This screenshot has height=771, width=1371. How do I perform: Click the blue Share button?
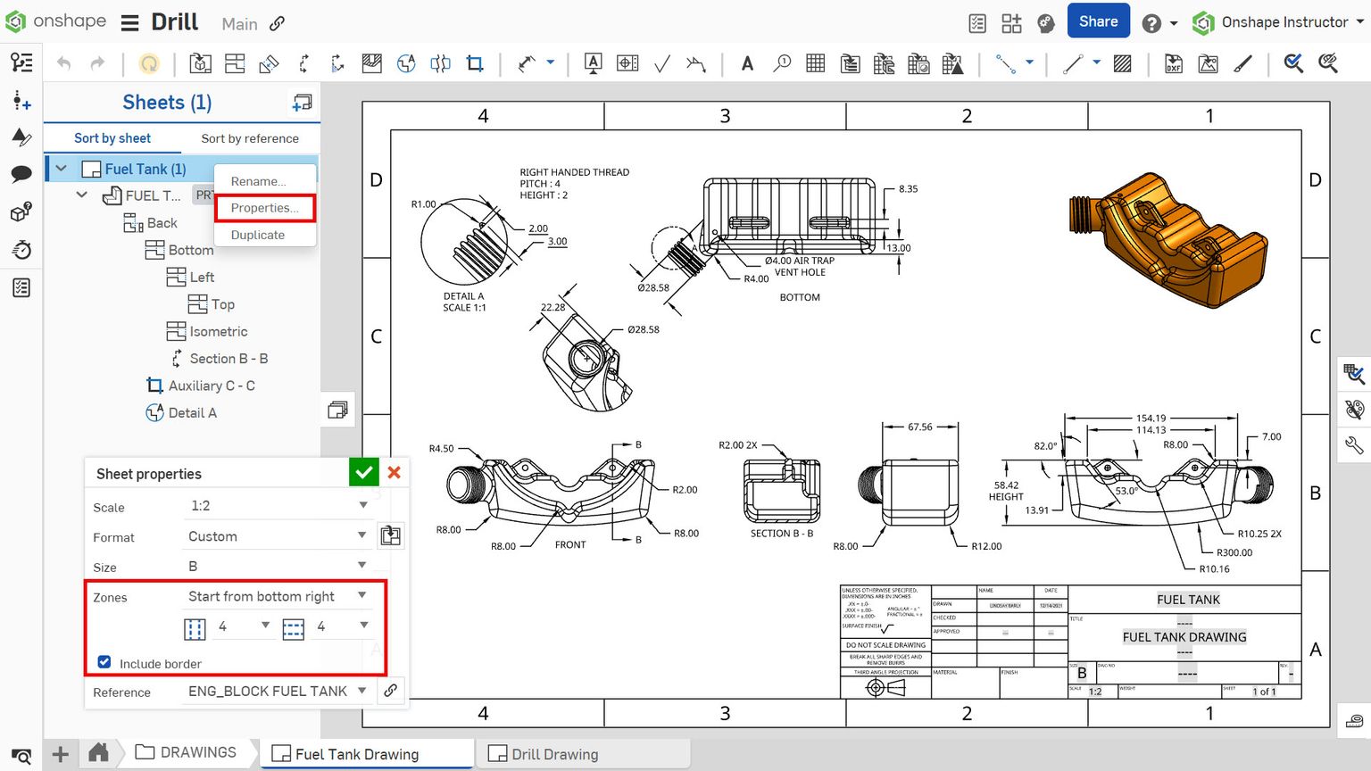pos(1098,21)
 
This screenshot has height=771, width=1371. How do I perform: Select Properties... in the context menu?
pos(264,208)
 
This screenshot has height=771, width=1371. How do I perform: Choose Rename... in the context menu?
pos(258,181)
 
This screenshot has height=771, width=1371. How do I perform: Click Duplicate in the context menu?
pos(257,235)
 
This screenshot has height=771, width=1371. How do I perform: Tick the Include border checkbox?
pos(104,662)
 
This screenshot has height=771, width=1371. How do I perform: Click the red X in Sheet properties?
pos(394,473)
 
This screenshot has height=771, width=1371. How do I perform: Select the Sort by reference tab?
pos(250,138)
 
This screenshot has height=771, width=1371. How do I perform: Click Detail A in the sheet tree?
pos(192,412)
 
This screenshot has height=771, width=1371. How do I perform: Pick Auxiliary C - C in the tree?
pos(211,385)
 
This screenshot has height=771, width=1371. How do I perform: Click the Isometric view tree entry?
pos(218,331)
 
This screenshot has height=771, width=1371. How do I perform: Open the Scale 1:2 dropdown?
pos(278,505)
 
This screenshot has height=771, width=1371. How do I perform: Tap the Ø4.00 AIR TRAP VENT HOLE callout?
pos(799,266)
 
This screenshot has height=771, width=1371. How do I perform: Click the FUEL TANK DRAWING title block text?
pos(1184,637)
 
